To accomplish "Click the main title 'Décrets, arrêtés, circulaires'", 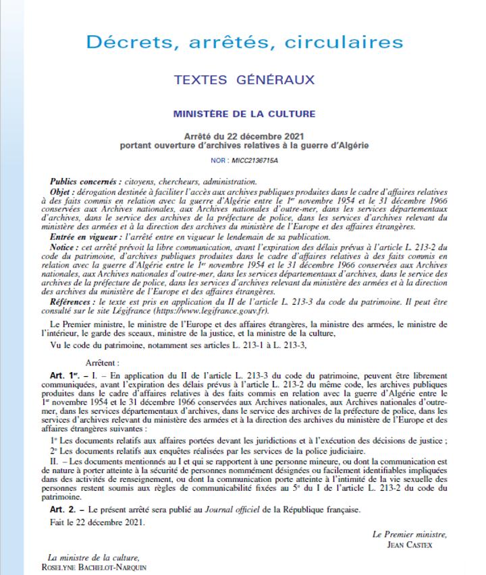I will click(244, 42).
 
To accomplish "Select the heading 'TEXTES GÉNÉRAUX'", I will click(244, 80).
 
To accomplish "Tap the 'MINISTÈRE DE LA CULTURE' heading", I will click(244, 114).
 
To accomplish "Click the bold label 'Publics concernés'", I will click(84, 182).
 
